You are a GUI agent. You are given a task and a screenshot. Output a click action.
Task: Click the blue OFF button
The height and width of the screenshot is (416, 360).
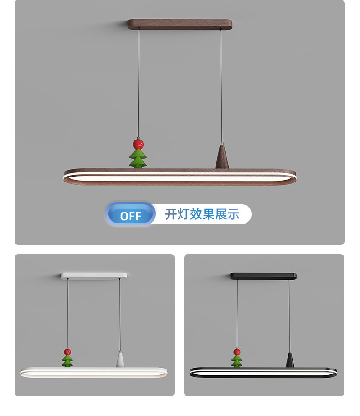130,214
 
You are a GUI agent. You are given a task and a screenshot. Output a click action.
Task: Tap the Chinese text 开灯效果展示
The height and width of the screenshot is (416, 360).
202,214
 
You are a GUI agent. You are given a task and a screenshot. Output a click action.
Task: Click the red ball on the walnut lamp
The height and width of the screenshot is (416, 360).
138,144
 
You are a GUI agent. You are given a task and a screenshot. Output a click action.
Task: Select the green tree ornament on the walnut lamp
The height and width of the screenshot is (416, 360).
138,159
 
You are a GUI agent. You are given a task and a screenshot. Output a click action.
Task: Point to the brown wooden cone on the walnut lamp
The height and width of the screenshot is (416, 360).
222,156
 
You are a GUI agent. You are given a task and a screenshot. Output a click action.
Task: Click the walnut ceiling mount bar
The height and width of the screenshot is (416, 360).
180,24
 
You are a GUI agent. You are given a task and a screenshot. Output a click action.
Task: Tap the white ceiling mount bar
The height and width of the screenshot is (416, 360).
93,276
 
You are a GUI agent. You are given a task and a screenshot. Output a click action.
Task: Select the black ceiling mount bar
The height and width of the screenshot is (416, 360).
263,276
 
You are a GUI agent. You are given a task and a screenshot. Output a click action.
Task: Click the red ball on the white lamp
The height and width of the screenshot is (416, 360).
67,352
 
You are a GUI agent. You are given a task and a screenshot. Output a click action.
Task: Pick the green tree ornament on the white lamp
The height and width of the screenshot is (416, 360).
67,361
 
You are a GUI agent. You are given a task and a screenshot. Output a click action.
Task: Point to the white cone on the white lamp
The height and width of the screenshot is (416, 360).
120,360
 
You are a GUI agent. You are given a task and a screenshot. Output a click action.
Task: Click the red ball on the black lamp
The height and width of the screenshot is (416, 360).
237,352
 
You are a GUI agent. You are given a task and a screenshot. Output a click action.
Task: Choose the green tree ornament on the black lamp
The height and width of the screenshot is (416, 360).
237,361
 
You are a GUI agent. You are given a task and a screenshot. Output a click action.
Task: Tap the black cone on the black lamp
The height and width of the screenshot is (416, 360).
290,360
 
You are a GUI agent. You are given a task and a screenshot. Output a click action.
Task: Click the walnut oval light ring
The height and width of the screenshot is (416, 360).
180,183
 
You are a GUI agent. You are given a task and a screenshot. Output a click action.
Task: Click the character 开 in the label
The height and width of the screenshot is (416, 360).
171,214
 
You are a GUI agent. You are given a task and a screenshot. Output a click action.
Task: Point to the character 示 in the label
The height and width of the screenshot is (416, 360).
234,214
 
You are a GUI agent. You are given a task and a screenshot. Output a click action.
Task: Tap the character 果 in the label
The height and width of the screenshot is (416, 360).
208,214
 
